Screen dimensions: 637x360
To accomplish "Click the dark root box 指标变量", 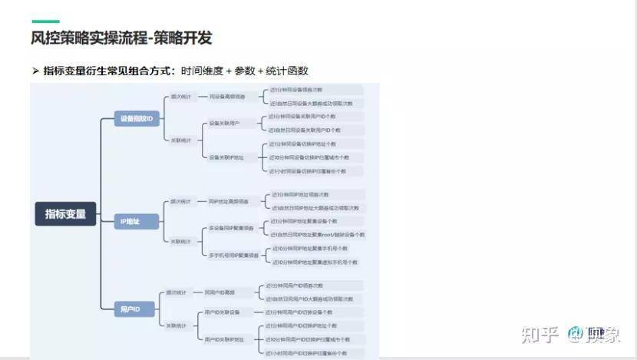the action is click(x=66, y=214).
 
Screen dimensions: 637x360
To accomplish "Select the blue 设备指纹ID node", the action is click(x=138, y=119).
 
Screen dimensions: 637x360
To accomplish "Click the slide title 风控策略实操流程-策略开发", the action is click(x=122, y=38).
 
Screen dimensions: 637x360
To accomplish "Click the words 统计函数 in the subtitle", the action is click(x=287, y=71).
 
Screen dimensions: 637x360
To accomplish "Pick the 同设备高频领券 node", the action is click(x=227, y=97).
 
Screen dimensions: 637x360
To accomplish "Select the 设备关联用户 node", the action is click(x=225, y=123).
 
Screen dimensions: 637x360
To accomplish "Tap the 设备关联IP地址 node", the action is click(x=226, y=157).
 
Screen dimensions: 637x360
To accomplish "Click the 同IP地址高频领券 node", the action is click(x=229, y=201).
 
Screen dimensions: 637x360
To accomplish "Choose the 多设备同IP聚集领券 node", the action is click(x=230, y=228).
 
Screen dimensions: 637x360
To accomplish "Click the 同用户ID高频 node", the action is click(x=219, y=292).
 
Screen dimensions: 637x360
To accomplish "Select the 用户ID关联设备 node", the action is click(x=223, y=312).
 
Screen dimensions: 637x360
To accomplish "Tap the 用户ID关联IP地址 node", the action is click(x=224, y=339).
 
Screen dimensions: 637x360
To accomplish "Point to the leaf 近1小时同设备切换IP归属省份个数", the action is click(x=304, y=170).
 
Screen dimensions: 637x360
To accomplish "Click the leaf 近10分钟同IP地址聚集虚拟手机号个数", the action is click(x=315, y=262).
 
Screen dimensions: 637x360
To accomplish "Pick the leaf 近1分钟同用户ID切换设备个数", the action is click(x=299, y=312).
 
